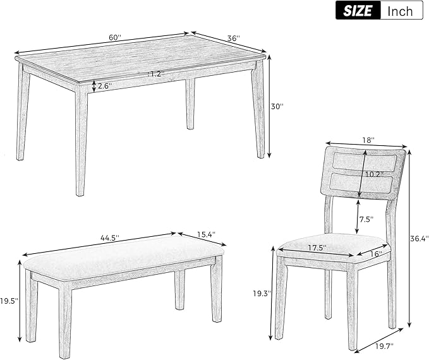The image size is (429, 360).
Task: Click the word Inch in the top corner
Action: [x=401, y=10]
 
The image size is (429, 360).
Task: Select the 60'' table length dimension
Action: [x=115, y=37]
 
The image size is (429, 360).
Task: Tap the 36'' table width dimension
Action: [x=233, y=39]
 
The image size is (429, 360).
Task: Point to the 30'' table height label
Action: [x=277, y=107]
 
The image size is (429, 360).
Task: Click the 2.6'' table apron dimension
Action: [x=105, y=87]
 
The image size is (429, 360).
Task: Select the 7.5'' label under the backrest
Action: [x=366, y=219]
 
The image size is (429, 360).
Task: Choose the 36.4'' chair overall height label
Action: [x=419, y=238]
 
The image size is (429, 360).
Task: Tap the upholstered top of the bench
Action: [x=123, y=256]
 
